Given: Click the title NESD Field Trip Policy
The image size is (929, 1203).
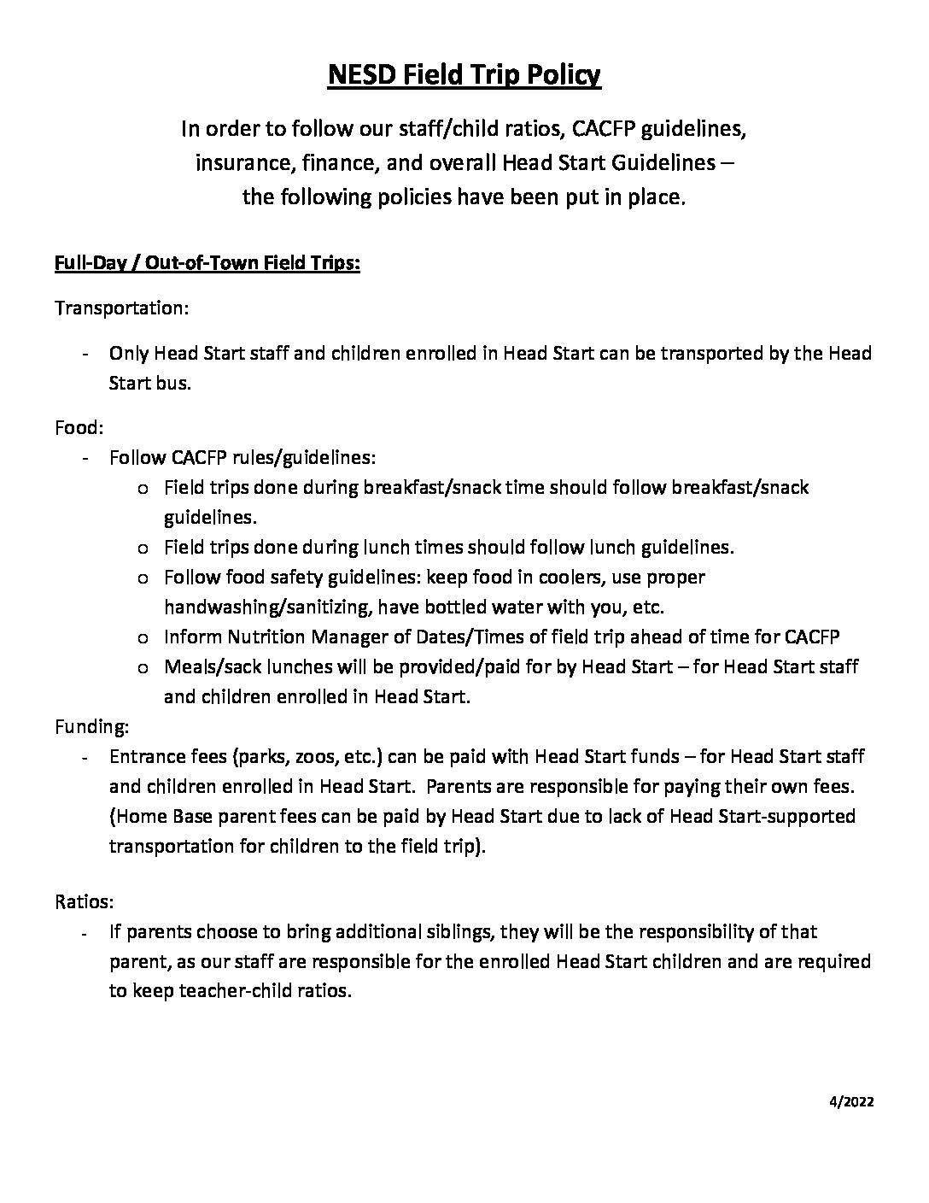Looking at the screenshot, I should point(464,76).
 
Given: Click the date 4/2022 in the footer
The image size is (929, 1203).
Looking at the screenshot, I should point(852,1101).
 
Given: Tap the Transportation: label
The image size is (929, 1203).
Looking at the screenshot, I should point(121,308).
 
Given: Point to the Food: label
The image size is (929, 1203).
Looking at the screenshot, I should point(79,427).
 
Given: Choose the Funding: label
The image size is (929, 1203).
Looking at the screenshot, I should point(92,726).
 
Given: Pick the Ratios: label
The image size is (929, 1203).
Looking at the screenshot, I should point(85,901).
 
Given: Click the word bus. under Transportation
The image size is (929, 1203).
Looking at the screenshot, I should point(173,383).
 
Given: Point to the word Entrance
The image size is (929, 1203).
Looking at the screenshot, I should point(147,756).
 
